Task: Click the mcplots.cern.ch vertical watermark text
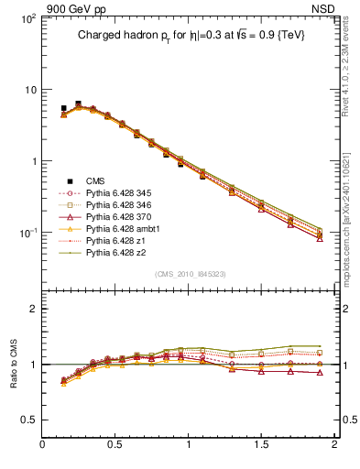pyautogui.click(x=351, y=211)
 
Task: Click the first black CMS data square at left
pyautogui.click(x=63, y=108)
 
